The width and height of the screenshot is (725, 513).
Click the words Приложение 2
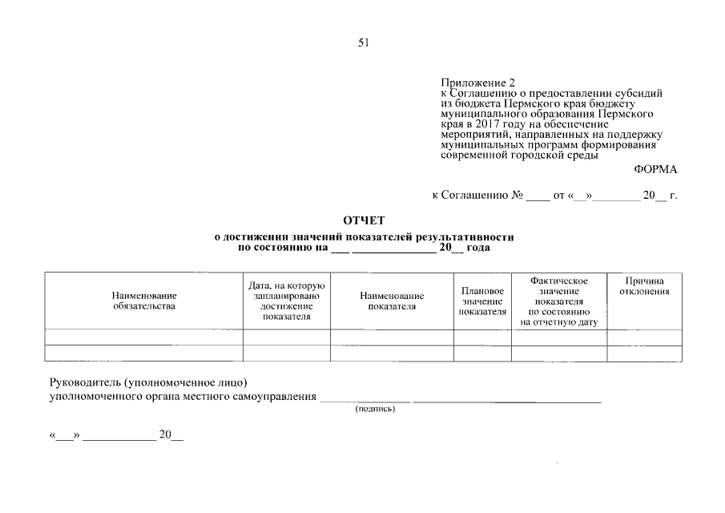478,83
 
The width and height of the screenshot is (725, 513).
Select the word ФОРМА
655,169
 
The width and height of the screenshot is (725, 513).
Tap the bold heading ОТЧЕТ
364,220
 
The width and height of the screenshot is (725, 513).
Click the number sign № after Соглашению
517,195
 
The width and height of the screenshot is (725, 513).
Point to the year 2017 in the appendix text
480,124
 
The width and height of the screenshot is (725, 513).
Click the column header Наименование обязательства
144,301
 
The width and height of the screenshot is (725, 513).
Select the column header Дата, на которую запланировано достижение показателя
286,301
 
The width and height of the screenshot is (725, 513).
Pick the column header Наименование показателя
392,301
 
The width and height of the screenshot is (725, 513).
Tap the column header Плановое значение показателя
482,301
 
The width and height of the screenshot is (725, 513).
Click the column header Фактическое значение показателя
559,301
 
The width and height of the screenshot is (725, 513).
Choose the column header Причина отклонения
645,286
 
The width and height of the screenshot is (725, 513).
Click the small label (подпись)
375,409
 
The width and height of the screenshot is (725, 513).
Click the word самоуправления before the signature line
276,396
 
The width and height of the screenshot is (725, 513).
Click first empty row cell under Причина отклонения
645,337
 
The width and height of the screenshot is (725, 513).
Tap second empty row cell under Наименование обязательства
144,353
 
